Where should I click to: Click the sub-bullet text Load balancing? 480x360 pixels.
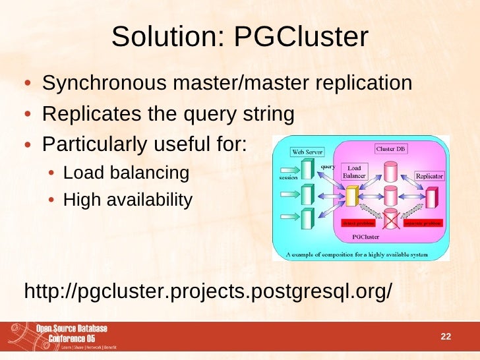126,173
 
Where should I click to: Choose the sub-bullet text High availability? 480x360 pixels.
128,199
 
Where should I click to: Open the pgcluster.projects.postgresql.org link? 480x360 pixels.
208,290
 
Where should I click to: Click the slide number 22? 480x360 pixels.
445,337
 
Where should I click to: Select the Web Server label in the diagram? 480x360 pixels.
307,152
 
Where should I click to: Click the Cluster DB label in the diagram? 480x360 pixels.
391,149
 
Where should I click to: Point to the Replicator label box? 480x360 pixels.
429,176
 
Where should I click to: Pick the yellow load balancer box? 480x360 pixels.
351,195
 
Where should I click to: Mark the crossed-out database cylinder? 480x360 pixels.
392,217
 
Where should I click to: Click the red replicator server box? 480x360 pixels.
432,198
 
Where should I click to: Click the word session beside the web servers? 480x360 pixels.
288,177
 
